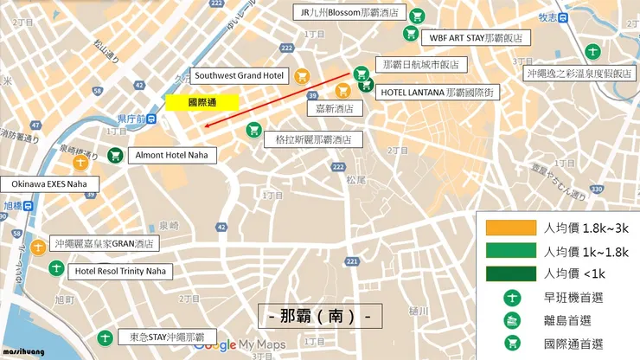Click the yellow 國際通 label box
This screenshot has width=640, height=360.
pos(202,102)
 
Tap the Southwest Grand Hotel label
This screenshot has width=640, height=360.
pos(239,76)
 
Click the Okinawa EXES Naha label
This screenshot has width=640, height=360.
pos(50,184)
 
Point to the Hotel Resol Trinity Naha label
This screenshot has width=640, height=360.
pos(120,272)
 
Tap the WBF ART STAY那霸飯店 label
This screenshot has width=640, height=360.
pos(477,38)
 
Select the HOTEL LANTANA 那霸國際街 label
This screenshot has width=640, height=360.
pos(438,92)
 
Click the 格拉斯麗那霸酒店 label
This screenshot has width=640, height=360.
pos(313,138)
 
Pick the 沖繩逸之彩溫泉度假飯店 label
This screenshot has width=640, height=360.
pos(580,74)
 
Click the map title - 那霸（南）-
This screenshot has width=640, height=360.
pos(320,316)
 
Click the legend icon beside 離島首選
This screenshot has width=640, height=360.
pos(511,319)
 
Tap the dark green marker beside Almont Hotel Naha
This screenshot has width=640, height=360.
pos(114,156)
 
